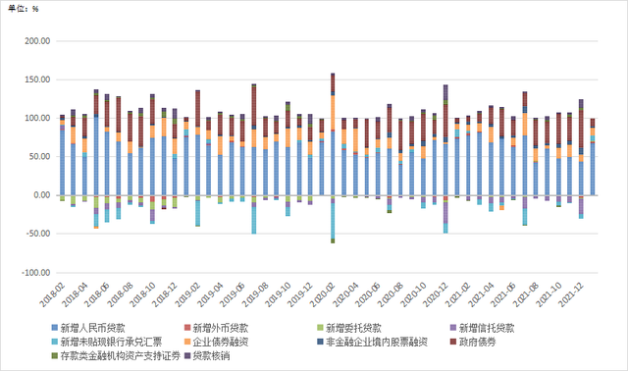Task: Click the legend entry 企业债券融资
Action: (222, 342)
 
